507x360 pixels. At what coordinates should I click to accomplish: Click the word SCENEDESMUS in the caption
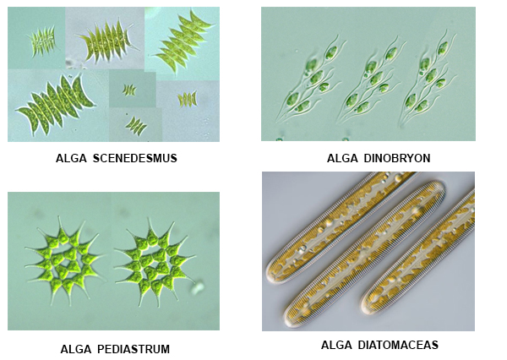coord(135,158)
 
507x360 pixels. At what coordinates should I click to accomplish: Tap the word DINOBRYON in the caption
coord(397,158)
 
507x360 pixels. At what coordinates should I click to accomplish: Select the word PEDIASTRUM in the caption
coord(134,349)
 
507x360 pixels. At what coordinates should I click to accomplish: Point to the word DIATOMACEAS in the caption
coord(398,345)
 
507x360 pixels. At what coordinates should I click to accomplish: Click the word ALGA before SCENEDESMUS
coord(71,158)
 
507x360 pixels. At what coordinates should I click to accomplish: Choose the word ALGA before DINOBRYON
coord(342,158)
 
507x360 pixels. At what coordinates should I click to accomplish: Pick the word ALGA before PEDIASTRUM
coord(76,349)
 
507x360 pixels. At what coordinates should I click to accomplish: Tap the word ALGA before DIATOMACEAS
coord(336,345)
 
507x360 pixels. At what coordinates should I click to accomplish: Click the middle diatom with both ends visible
coord(364,254)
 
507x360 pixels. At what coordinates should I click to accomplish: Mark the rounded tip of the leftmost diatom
coord(272,275)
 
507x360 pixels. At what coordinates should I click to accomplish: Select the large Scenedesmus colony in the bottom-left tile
coord(56,103)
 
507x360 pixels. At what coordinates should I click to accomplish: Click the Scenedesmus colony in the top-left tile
coord(43,42)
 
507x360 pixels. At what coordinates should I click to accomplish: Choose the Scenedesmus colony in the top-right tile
coord(183,41)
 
